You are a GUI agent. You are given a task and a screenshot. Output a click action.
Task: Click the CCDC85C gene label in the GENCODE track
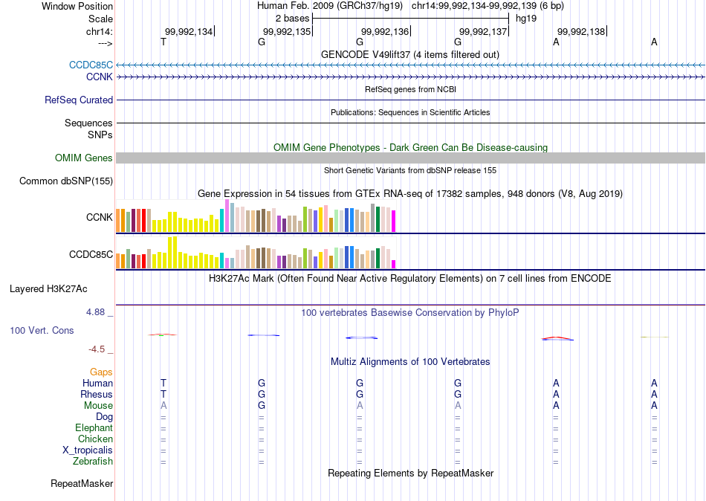(x=91, y=65)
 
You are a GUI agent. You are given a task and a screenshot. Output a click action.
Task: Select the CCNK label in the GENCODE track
(x=100, y=77)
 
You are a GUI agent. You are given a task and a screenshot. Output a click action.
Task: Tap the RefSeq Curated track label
(x=79, y=100)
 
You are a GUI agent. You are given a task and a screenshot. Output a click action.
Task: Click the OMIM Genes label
(x=84, y=158)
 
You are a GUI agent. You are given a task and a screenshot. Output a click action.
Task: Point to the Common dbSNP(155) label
(x=66, y=181)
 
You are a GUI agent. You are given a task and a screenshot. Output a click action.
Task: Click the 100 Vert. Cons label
(x=42, y=330)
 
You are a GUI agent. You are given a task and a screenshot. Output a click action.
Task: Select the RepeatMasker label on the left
(x=82, y=484)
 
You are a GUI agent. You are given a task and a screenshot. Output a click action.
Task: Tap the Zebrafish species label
(x=93, y=462)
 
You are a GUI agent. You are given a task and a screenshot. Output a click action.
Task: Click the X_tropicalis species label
(x=88, y=450)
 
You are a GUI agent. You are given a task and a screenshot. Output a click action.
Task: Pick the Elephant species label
(x=94, y=428)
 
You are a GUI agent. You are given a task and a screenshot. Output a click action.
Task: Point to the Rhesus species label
(x=97, y=394)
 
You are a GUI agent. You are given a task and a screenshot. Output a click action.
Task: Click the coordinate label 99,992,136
(x=385, y=31)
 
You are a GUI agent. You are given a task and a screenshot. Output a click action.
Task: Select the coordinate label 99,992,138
(x=581, y=31)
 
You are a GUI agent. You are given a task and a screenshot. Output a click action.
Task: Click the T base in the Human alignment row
(x=163, y=383)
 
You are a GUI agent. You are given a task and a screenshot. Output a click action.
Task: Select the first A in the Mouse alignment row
(x=163, y=406)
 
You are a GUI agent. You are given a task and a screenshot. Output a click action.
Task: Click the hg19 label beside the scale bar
(x=526, y=17)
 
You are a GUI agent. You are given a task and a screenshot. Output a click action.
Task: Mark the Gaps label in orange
(x=101, y=372)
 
